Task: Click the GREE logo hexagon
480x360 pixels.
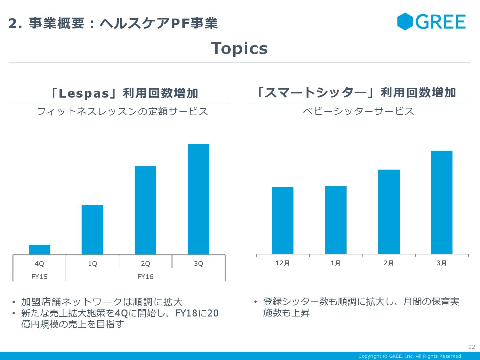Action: coord(405,21)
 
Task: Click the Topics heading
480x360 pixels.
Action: coord(239,49)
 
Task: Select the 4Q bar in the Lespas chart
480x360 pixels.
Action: coord(39,250)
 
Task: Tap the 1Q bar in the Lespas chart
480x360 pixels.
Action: coord(92,230)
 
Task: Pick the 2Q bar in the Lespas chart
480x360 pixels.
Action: coord(145,210)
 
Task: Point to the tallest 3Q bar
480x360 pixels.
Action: coord(198,199)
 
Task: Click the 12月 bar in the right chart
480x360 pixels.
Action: coord(283,220)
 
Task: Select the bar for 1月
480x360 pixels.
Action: coord(336,220)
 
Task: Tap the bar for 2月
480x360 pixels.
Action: coord(388,212)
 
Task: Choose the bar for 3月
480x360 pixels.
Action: coord(442,202)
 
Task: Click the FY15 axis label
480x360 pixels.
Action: coord(39,277)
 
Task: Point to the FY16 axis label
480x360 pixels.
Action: coord(145,277)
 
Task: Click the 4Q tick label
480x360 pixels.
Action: coord(39,264)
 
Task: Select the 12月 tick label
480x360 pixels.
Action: coord(283,263)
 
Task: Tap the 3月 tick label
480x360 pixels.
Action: coord(442,263)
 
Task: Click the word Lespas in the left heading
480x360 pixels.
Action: coord(84,93)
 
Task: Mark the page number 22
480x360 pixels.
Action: coord(471,347)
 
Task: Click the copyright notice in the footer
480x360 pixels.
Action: coord(410,356)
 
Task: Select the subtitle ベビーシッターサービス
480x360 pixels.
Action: coord(358,111)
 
